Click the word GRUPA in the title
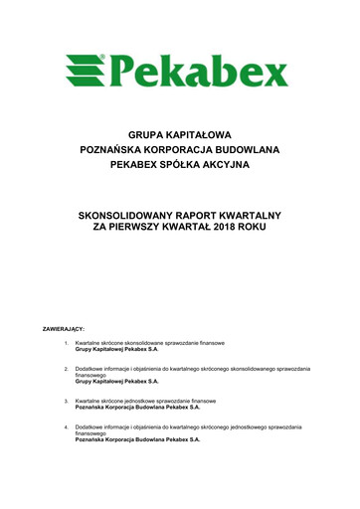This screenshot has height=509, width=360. (x=145, y=132)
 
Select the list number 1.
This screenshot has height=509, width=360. (x=65, y=343)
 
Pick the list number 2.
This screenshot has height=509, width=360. (x=65, y=369)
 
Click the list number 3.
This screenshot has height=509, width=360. (x=65, y=401)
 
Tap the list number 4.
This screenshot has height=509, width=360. (x=65, y=427)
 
